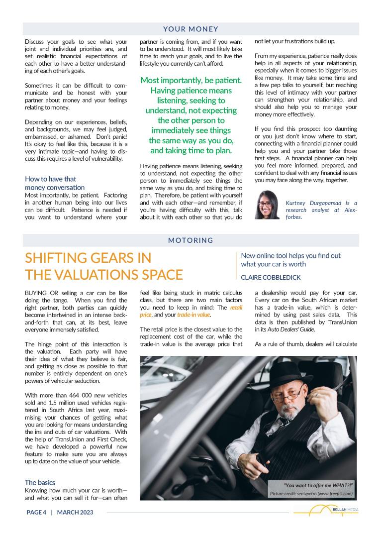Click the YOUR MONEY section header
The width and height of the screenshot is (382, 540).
(x=191, y=29)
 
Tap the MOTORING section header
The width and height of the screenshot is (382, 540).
(x=191, y=240)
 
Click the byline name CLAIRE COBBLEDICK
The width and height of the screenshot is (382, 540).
(x=271, y=277)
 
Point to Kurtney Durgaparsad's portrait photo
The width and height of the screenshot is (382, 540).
(x=267, y=205)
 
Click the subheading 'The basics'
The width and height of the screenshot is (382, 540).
(x=40, y=482)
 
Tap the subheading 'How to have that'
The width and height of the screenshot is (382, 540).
(x=50, y=179)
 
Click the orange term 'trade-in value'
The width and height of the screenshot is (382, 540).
(x=193, y=315)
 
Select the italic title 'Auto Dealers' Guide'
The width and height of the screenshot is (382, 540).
(x=282, y=329)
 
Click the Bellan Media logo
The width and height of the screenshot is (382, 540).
(x=326, y=511)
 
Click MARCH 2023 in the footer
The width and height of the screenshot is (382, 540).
(x=75, y=512)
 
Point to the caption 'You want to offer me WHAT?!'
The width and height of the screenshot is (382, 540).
(x=318, y=485)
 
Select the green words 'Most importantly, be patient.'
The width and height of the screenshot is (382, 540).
(x=191, y=80)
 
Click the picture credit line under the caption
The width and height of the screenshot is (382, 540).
(x=311, y=493)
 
